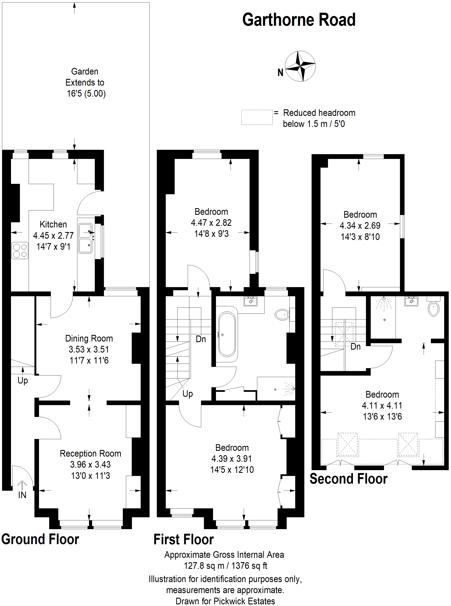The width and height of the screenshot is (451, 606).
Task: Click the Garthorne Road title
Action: pyautogui.click(x=299, y=20)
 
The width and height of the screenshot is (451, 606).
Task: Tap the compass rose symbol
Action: pyautogui.click(x=300, y=66)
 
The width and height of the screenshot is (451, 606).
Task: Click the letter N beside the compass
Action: pyautogui.click(x=280, y=73)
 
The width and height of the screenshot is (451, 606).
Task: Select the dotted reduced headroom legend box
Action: pyautogui.click(x=257, y=118)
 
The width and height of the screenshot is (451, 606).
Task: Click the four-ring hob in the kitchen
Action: pyautogui.click(x=20, y=250)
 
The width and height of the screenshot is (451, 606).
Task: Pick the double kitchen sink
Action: pyautogui.click(x=85, y=238)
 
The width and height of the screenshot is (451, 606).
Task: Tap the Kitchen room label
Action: pyautogui.click(x=53, y=224)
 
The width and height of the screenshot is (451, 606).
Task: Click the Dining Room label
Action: pyautogui.click(x=89, y=338)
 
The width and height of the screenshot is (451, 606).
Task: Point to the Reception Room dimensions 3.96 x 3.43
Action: pyautogui.click(x=90, y=464)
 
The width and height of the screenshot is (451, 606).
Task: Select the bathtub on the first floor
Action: pyautogui.click(x=227, y=334)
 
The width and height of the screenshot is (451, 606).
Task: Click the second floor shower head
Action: pyautogui.click(x=384, y=299)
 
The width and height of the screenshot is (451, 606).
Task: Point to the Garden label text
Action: pyautogui.click(x=85, y=71)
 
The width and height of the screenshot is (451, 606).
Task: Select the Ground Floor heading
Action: pyautogui.click(x=40, y=539)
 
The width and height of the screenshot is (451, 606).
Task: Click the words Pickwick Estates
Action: pyautogui.click(x=244, y=601)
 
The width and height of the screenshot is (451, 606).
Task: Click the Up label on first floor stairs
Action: pyautogui.click(x=188, y=394)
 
